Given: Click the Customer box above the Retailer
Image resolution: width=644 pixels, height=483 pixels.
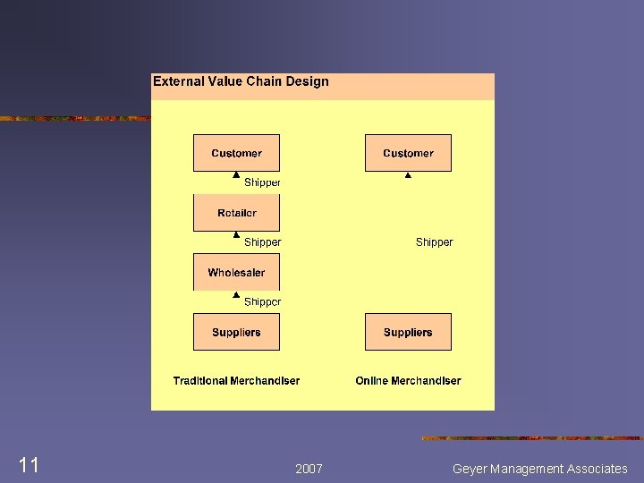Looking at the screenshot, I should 236,153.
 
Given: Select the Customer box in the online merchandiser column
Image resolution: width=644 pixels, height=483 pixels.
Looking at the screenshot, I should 408,153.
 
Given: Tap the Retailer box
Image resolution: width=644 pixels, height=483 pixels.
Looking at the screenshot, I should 236,213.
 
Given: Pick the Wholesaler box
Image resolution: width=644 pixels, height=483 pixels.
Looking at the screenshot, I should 236,273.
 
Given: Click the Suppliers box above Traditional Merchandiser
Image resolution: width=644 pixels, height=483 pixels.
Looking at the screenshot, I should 236,332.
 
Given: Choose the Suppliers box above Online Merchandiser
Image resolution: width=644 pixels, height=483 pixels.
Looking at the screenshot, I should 408,332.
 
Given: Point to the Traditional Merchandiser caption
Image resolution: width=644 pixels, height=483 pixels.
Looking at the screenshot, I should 236,381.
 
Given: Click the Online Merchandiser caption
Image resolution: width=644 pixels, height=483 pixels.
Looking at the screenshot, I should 408,381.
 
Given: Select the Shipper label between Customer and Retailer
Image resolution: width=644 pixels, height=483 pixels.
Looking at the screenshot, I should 262,182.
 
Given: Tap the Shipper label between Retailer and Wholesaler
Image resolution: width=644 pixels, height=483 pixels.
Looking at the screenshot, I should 262,242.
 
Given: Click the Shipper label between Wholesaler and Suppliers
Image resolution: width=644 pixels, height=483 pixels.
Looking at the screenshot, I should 262,302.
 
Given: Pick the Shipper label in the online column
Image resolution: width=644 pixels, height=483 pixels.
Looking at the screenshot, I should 434,242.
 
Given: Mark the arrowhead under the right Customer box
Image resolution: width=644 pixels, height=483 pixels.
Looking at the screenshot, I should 408,175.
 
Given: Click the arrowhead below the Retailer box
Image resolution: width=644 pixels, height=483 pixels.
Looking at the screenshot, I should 236,235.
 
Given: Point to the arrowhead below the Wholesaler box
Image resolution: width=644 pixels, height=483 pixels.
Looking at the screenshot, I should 236,294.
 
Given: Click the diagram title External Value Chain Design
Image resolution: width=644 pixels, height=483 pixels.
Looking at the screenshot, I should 241,81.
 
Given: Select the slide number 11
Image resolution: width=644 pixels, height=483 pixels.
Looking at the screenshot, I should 29,465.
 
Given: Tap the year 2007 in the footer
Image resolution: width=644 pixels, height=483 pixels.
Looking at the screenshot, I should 309,469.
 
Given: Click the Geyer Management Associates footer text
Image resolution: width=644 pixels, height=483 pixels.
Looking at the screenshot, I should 539,469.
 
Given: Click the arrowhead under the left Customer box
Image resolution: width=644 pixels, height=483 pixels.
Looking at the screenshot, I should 236,175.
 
